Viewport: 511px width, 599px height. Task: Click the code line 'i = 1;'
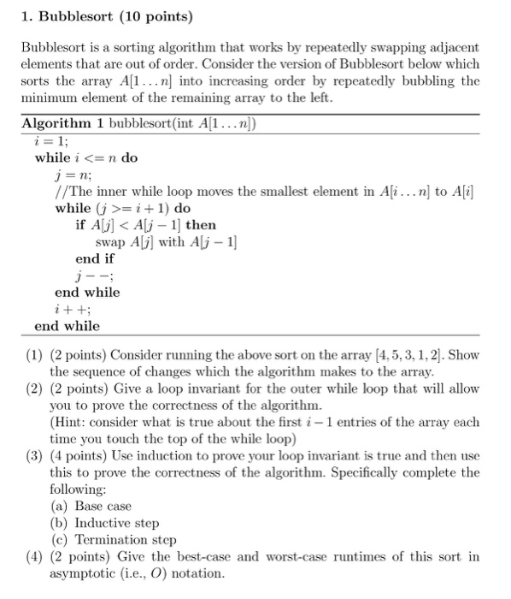tap(53, 142)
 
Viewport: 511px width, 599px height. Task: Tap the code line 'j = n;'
tap(72, 175)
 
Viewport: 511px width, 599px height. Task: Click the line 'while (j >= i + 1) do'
tap(123, 209)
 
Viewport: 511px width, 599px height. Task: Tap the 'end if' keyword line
tap(95, 258)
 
